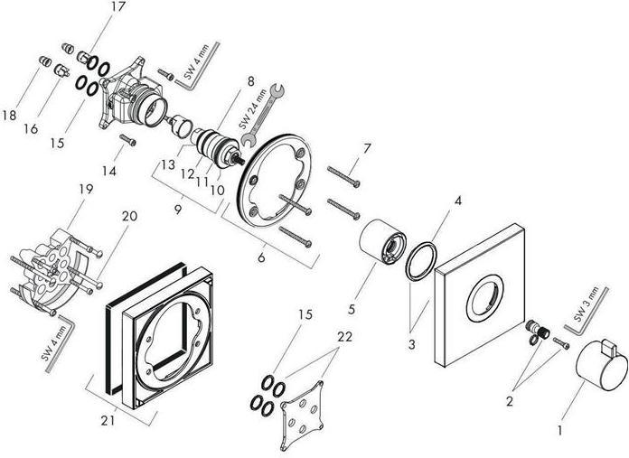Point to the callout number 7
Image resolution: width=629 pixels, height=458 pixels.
point(367,148)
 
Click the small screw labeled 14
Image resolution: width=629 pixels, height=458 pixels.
point(128,140)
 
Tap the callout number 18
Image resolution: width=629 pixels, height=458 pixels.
point(10,115)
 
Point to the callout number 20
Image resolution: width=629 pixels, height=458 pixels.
point(129,216)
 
